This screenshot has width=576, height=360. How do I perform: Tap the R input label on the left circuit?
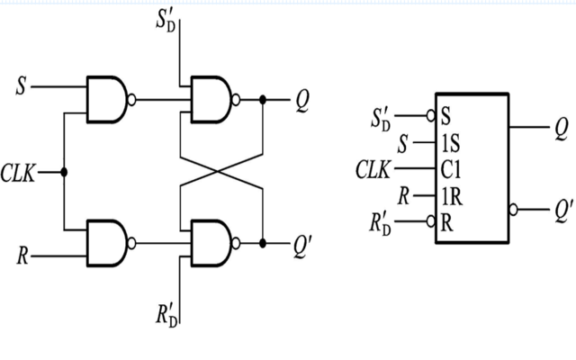coord(21,254)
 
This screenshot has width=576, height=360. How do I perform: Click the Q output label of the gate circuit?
coord(301,101)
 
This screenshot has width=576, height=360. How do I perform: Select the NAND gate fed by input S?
coord(109,98)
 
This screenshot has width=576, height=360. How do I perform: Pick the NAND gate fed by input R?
coord(109,242)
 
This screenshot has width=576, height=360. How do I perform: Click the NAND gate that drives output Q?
coord(210,98)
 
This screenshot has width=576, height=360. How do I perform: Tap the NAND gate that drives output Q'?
coord(210,242)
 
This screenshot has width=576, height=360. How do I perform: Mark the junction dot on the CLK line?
coord(64,172)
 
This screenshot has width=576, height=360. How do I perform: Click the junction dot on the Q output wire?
coord(262,100)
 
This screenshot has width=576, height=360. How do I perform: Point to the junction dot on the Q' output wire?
coord(262,243)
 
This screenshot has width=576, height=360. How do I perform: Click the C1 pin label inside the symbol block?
coord(453,167)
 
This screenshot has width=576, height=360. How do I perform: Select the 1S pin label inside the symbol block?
coord(452,142)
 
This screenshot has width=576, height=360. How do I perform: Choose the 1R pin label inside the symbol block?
coord(453,194)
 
